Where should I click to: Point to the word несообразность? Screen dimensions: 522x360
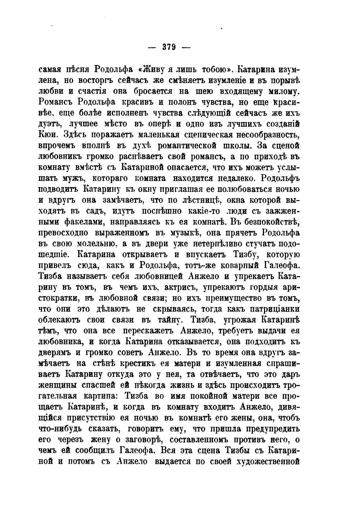click(x=267, y=135)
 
